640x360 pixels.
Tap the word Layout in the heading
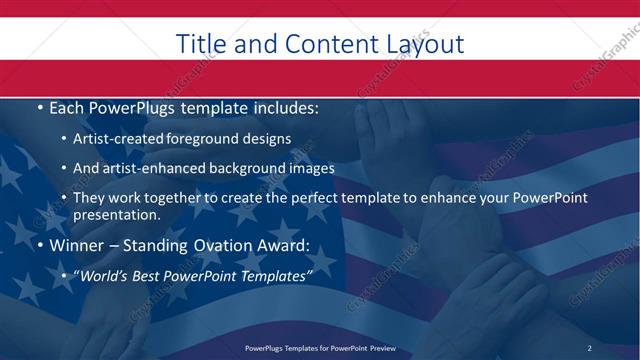[423, 44]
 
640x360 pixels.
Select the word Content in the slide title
[324, 44]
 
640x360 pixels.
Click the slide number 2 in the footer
[589, 347]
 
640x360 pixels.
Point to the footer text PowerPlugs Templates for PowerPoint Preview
[320, 347]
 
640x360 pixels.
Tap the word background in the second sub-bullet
[256, 168]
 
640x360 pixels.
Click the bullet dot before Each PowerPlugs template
[39, 106]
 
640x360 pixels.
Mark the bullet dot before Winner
[39, 245]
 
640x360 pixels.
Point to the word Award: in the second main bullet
[283, 245]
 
